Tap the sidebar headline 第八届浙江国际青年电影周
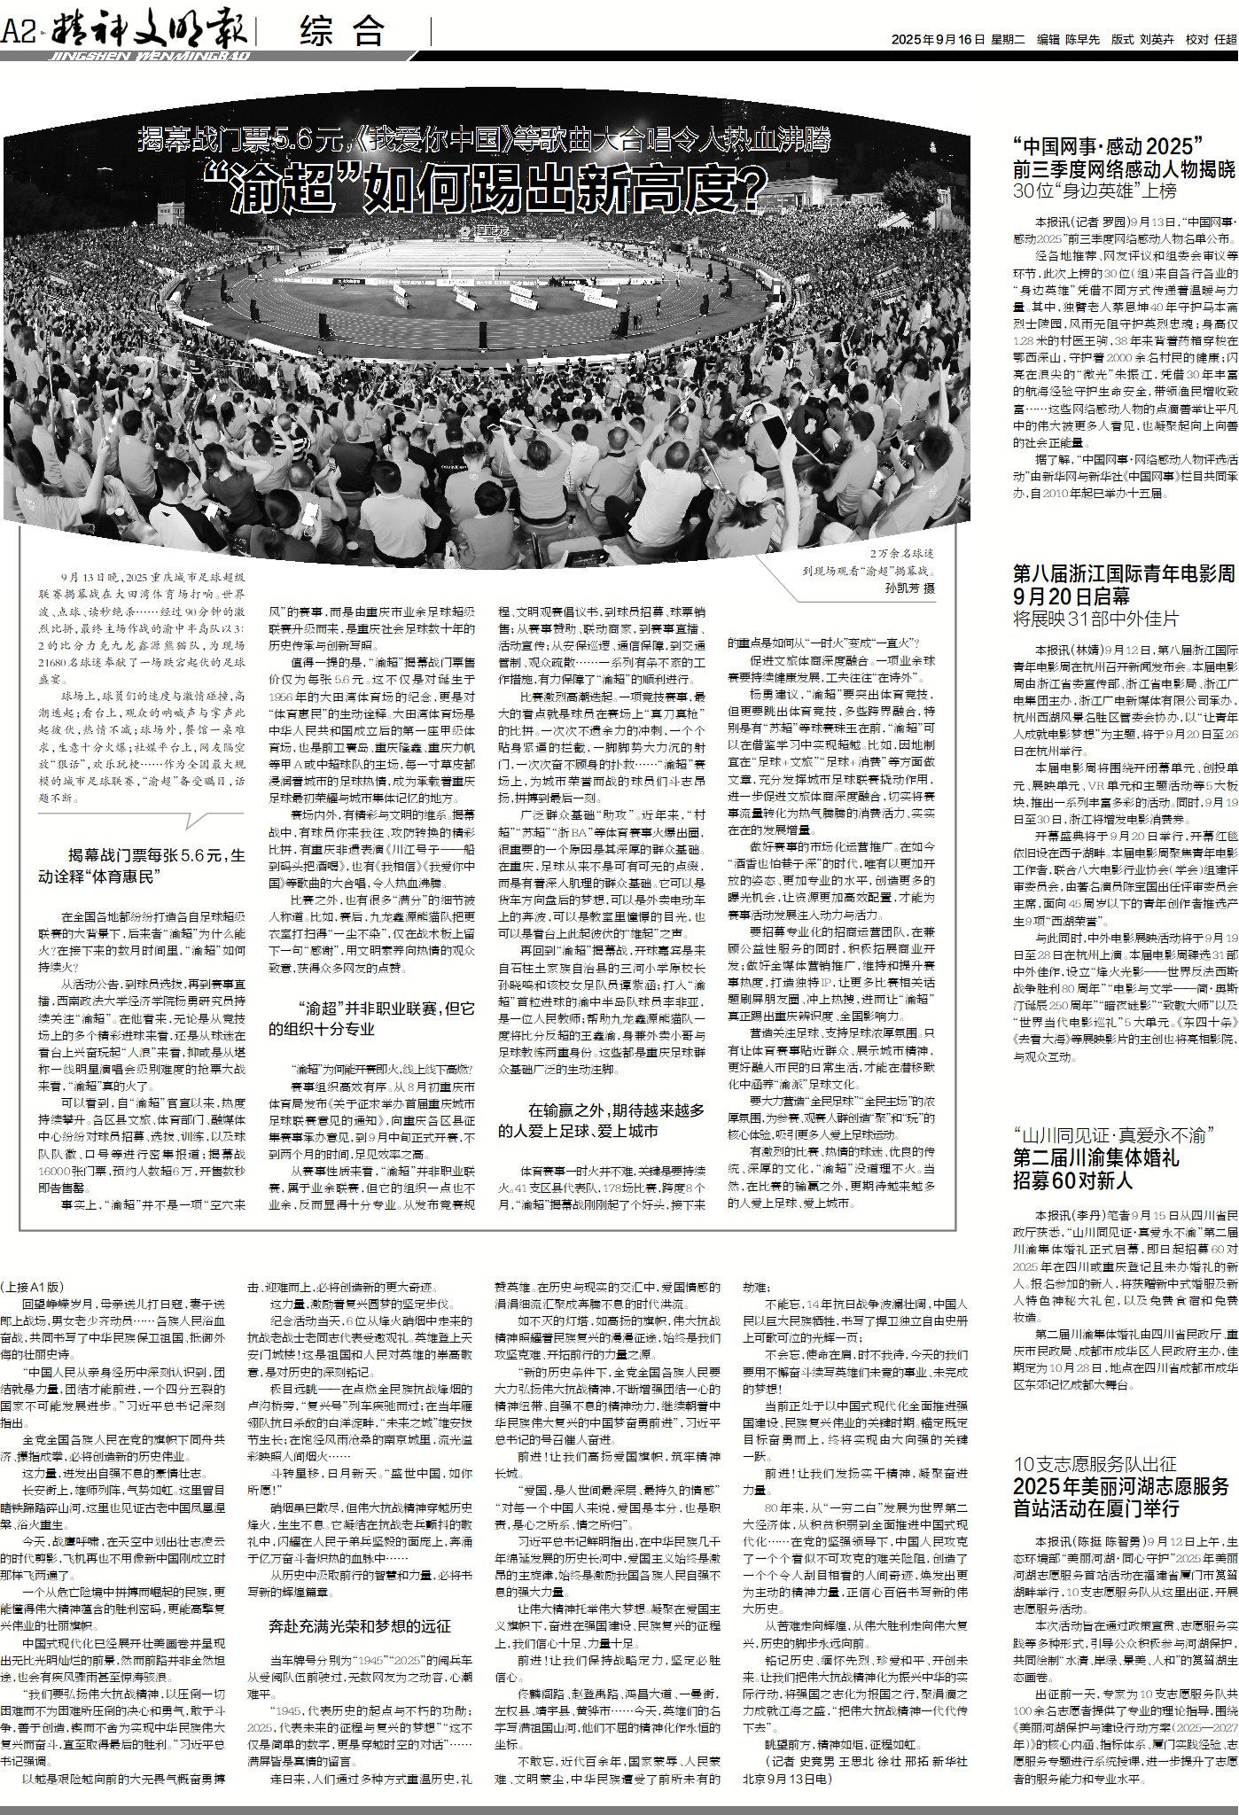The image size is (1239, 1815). coord(1124,573)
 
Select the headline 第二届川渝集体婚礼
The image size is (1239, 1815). coord(1096,1156)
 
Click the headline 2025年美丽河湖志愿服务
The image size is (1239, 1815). coord(1121,1486)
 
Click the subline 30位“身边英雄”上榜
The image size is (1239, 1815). coord(1095,191)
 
